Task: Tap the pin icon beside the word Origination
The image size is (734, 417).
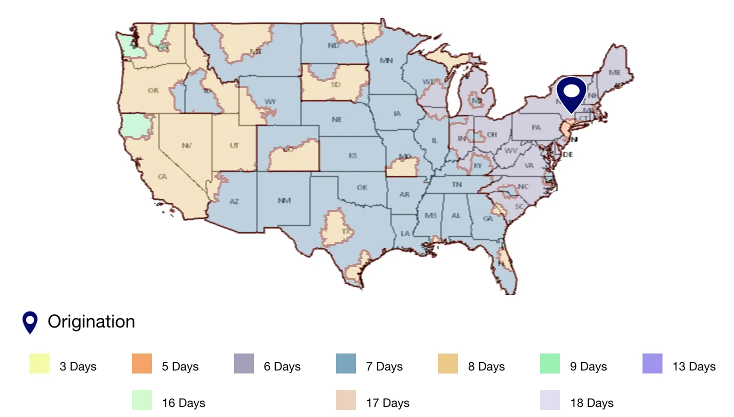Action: point(30,321)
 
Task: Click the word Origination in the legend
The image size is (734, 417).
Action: point(91,321)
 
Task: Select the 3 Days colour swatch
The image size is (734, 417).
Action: point(39,363)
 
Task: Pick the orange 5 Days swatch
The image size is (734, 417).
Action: point(142,363)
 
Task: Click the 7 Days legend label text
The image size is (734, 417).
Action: point(384,366)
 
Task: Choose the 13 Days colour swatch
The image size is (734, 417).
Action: point(652,363)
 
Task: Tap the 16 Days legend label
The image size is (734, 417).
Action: point(183,403)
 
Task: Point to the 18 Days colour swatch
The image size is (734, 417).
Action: point(550,400)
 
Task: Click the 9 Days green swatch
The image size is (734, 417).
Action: point(550,363)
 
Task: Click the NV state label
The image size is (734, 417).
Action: point(186,145)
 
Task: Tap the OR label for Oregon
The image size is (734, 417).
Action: point(153,90)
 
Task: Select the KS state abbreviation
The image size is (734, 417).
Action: point(352,155)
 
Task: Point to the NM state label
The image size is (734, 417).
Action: point(284,200)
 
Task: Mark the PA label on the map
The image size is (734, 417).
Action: point(536,127)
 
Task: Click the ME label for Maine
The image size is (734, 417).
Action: point(614,72)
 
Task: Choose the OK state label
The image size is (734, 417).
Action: point(362,187)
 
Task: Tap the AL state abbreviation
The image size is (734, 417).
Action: point(456,215)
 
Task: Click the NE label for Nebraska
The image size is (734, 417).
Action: point(336,119)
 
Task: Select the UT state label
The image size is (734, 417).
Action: point(234,145)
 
